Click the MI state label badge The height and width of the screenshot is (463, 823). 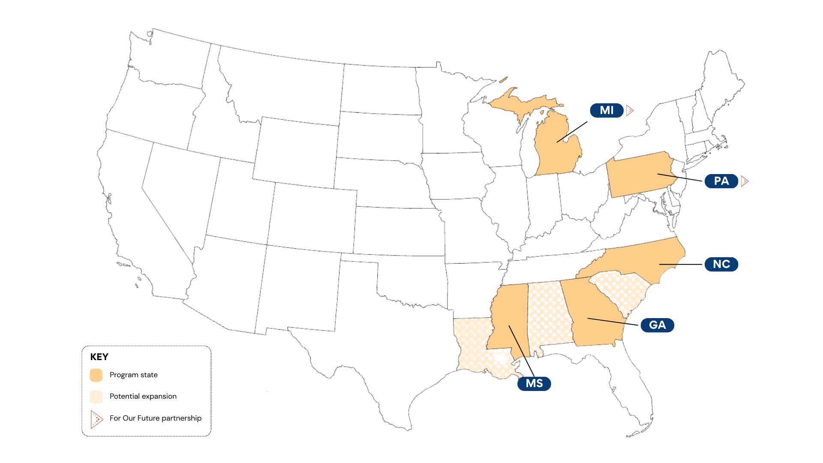pyautogui.click(x=607, y=110)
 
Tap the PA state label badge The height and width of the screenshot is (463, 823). pyautogui.click(x=721, y=181)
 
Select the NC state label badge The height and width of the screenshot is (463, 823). pyautogui.click(x=721, y=264)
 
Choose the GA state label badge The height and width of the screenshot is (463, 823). pyautogui.click(x=657, y=325)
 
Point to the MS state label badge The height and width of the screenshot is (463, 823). pyautogui.click(x=534, y=383)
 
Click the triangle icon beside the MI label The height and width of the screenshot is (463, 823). pyautogui.click(x=630, y=111)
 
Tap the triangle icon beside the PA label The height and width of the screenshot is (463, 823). pyautogui.click(x=745, y=181)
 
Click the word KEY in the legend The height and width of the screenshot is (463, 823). pyautogui.click(x=99, y=357)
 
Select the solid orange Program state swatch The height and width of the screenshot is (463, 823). pyautogui.click(x=96, y=375)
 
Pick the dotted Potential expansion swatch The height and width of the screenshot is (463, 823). pyautogui.click(x=96, y=397)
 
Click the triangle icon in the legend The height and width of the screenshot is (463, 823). pyautogui.click(x=96, y=419)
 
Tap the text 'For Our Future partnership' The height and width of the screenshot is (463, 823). pyautogui.click(x=155, y=418)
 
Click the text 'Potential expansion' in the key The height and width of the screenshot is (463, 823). pyautogui.click(x=143, y=396)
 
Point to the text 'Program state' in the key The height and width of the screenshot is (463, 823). pyautogui.click(x=133, y=375)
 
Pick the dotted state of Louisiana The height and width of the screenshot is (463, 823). pyautogui.click(x=472, y=347)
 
